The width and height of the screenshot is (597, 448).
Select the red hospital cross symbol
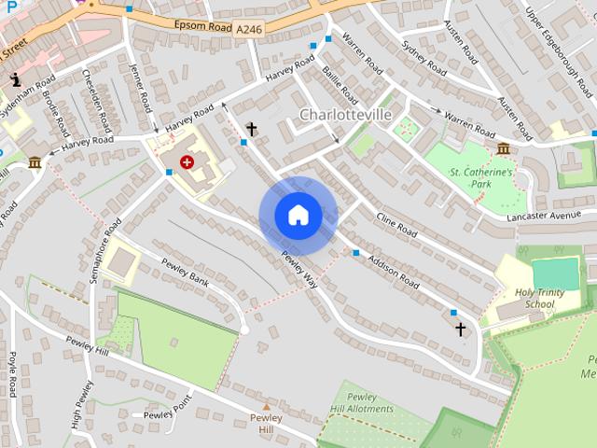(187, 162)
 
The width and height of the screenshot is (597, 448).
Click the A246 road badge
(249, 31)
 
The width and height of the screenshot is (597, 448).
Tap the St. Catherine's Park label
(481, 179)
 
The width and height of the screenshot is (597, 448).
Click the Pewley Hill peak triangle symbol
(266, 407)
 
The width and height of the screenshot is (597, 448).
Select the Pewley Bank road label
(185, 274)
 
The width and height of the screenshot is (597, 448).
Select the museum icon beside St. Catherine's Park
(503, 148)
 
